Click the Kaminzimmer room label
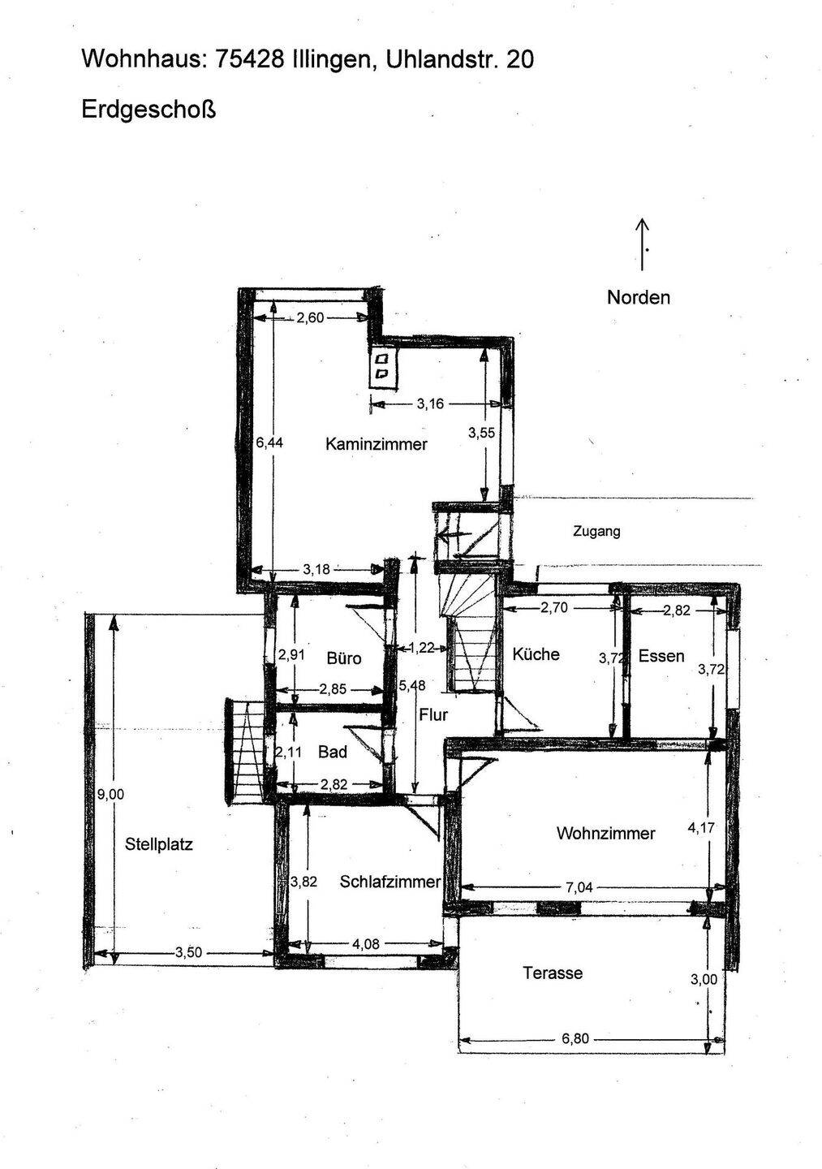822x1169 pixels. (376, 444)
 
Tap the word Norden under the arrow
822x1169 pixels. (639, 297)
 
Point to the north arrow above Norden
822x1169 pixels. (642, 244)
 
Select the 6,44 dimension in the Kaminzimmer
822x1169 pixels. (269, 442)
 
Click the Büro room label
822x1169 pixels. (344, 658)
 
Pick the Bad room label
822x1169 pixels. (332, 752)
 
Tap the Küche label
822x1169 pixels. (536, 654)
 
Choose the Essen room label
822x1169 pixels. (661, 656)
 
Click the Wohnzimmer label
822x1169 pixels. (605, 834)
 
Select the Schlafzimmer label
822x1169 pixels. (390, 882)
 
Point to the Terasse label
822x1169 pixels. (553, 973)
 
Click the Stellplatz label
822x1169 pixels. (158, 844)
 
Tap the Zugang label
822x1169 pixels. (596, 532)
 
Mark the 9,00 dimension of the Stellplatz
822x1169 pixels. (110, 795)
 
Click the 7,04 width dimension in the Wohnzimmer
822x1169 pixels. (579, 888)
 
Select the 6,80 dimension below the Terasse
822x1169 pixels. (575, 1039)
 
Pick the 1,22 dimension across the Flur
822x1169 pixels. (421, 648)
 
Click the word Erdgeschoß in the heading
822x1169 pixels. (148, 110)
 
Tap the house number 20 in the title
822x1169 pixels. (520, 60)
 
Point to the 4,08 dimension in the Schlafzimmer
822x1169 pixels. (366, 945)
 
